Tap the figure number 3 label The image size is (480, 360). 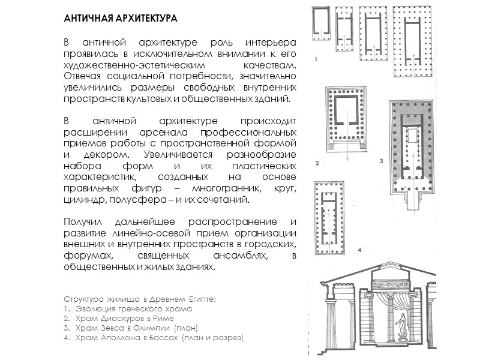(380, 161)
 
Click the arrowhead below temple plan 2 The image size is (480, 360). (346, 160)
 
